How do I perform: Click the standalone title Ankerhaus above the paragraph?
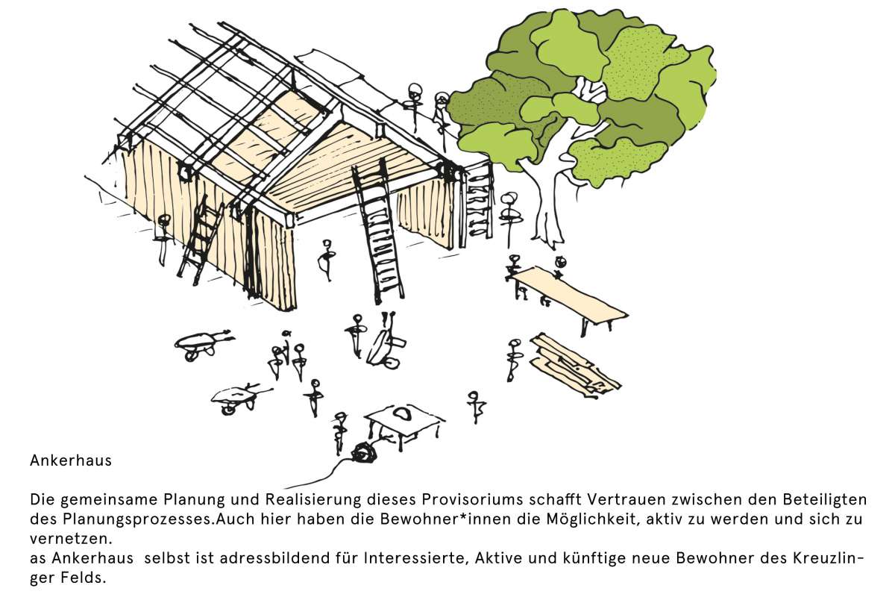[71, 460]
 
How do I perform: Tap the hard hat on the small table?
[403, 412]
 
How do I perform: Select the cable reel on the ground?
[365, 452]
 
